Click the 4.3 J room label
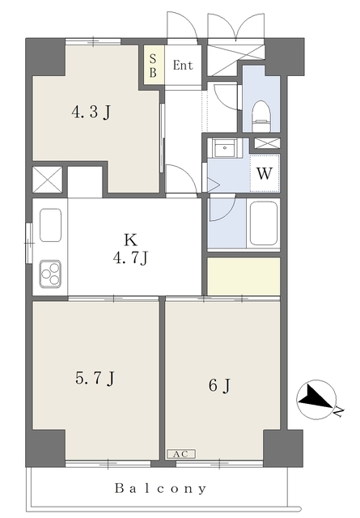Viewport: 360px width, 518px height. (91, 113)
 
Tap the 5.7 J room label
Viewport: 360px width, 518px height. (95, 378)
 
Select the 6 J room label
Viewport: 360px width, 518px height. (219, 385)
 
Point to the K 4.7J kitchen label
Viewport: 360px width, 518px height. (130, 248)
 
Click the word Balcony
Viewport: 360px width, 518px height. (160, 488)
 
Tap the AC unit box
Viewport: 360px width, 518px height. (181, 454)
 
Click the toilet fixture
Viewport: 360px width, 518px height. (261, 116)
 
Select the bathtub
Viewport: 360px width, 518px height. (263, 223)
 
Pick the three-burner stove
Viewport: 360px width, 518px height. (50, 274)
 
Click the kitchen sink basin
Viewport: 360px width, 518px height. (50, 225)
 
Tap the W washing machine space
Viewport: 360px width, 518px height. (265, 173)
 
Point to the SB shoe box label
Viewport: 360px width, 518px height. (153, 65)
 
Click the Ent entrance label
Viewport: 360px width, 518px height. (183, 65)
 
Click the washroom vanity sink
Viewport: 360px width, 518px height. (225, 148)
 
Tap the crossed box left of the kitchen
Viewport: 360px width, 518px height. (48, 180)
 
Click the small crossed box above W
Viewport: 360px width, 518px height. (267, 143)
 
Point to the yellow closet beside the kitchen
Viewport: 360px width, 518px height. (244, 276)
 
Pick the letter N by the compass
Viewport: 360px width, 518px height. (338, 412)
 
